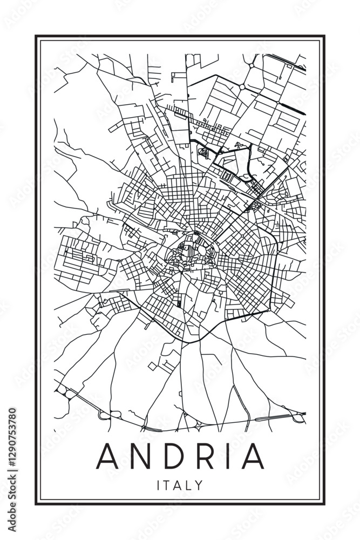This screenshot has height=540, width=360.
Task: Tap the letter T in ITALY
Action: pyautogui.click(x=168, y=485)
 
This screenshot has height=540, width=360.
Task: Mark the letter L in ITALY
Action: pyautogui.click(x=189, y=485)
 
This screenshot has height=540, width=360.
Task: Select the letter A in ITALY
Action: pyautogui.click(x=179, y=485)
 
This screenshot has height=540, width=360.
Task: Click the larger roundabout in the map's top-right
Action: pyautogui.click(x=242, y=86)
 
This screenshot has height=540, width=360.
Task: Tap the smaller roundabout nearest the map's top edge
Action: pyautogui.click(x=252, y=65)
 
